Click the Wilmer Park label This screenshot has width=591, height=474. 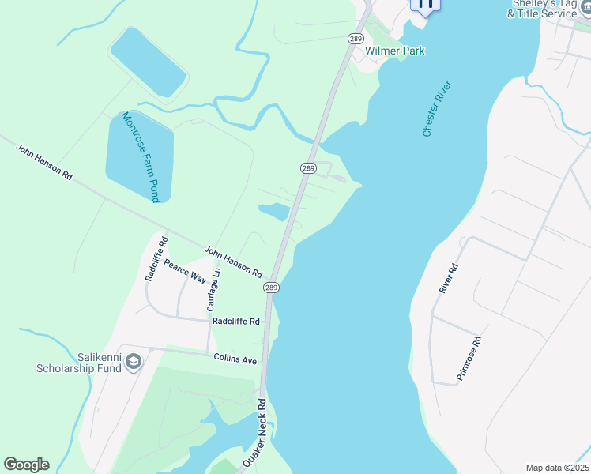[x=395, y=51]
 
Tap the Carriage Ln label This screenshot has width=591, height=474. [x=212, y=288]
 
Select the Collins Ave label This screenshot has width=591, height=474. [x=235, y=359]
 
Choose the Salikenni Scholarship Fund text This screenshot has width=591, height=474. [x=77, y=363]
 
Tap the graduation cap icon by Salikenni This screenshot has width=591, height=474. [x=134, y=362]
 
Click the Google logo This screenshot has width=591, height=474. [x=26, y=465]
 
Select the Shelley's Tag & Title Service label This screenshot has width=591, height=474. [x=543, y=9]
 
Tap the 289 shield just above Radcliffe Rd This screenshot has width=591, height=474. [x=271, y=288]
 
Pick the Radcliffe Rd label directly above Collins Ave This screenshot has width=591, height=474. [x=235, y=322]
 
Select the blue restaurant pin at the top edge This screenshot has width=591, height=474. [x=425, y=4]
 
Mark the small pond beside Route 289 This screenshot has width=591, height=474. [x=274, y=211]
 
